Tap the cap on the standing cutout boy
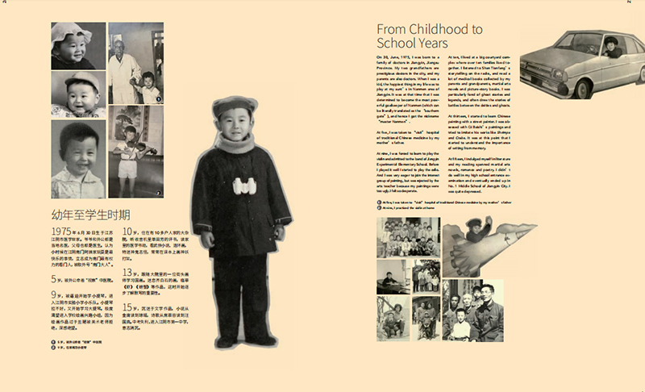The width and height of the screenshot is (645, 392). click(x=234, y=106)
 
